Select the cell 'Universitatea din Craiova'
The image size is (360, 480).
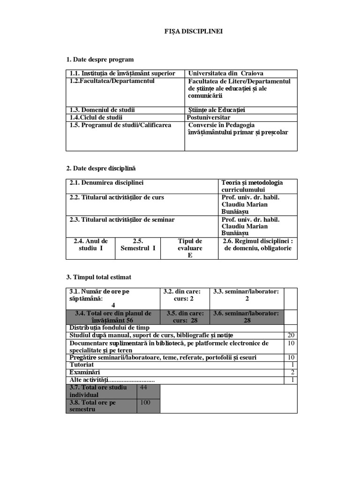point(225,74)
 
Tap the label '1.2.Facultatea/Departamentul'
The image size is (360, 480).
point(112,82)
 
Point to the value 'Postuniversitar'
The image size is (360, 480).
point(209,118)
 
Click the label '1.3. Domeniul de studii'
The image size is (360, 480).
point(102,110)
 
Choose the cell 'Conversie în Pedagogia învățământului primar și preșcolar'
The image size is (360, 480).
point(238,129)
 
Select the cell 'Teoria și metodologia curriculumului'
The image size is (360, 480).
point(252,186)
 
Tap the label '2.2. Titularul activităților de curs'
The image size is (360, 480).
point(117,198)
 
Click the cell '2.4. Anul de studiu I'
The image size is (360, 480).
point(90,245)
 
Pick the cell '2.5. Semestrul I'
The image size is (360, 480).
point(138,245)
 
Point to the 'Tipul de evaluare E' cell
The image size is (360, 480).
point(190,248)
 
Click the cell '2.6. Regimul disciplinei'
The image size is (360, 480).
point(257,245)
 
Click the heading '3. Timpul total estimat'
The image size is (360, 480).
point(98,277)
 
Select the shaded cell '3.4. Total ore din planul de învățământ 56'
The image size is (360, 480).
point(113,317)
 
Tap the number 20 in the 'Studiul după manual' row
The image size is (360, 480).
point(291,336)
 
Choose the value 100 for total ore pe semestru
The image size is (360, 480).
point(145,402)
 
